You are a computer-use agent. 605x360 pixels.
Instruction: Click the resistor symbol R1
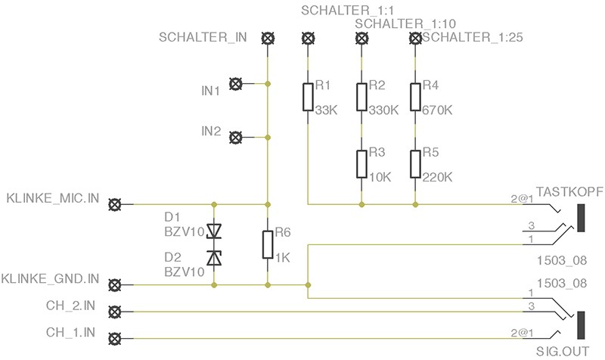tap(308, 97)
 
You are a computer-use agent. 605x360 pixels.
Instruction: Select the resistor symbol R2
tap(361, 97)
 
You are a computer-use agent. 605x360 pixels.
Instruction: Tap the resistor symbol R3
tap(361, 164)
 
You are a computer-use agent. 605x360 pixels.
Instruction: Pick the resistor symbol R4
tap(415, 97)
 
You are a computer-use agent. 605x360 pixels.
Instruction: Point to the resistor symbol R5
tap(415, 164)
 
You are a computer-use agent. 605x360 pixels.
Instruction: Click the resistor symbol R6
tap(267, 245)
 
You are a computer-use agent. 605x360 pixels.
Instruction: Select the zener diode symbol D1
tap(215, 231)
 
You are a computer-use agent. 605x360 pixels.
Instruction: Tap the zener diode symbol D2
tap(215, 259)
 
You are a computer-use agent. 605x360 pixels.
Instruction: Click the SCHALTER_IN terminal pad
tap(267, 38)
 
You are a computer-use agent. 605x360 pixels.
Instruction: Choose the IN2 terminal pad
tap(235, 138)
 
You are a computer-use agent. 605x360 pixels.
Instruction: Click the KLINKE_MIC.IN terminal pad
tap(115, 204)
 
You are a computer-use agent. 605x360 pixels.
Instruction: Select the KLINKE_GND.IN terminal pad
tap(115, 285)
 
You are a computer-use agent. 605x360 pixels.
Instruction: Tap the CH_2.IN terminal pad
tap(115, 312)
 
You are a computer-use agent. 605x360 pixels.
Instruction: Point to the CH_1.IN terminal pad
tap(115, 338)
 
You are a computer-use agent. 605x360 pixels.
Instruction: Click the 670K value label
tap(438, 110)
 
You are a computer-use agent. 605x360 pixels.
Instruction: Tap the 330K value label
tap(383, 110)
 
